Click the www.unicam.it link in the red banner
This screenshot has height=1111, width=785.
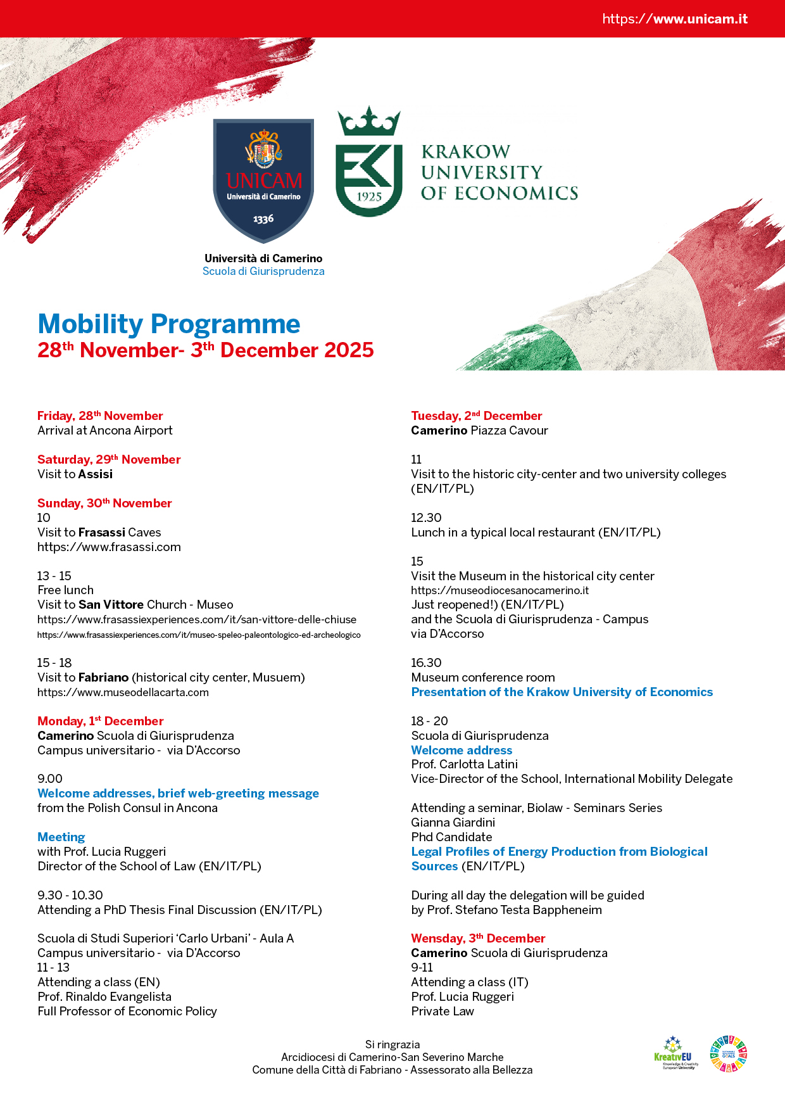(x=675, y=19)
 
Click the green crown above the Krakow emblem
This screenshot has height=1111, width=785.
(x=369, y=122)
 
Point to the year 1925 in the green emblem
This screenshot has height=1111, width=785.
(x=369, y=196)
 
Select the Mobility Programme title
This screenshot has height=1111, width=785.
(x=169, y=324)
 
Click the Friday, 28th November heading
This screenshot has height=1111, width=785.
(x=100, y=416)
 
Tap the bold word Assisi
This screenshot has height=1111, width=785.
(x=96, y=474)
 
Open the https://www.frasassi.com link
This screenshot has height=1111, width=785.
(x=109, y=547)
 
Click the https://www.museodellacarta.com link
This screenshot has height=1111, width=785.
(x=123, y=692)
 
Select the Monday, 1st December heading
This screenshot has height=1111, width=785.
(x=100, y=721)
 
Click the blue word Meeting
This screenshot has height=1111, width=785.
(x=61, y=837)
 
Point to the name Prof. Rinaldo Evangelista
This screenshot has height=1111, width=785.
(x=104, y=996)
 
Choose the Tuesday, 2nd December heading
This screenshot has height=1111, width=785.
(x=477, y=416)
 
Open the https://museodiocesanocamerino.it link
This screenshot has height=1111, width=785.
(x=500, y=590)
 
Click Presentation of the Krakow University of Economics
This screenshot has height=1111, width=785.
(x=562, y=692)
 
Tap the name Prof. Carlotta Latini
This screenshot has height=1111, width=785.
(x=465, y=764)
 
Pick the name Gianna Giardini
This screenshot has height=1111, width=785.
(x=453, y=822)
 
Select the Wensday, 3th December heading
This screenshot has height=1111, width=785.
(x=478, y=938)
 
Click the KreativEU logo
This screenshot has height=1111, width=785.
(x=674, y=1054)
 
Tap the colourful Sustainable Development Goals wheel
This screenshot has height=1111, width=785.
(x=728, y=1054)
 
